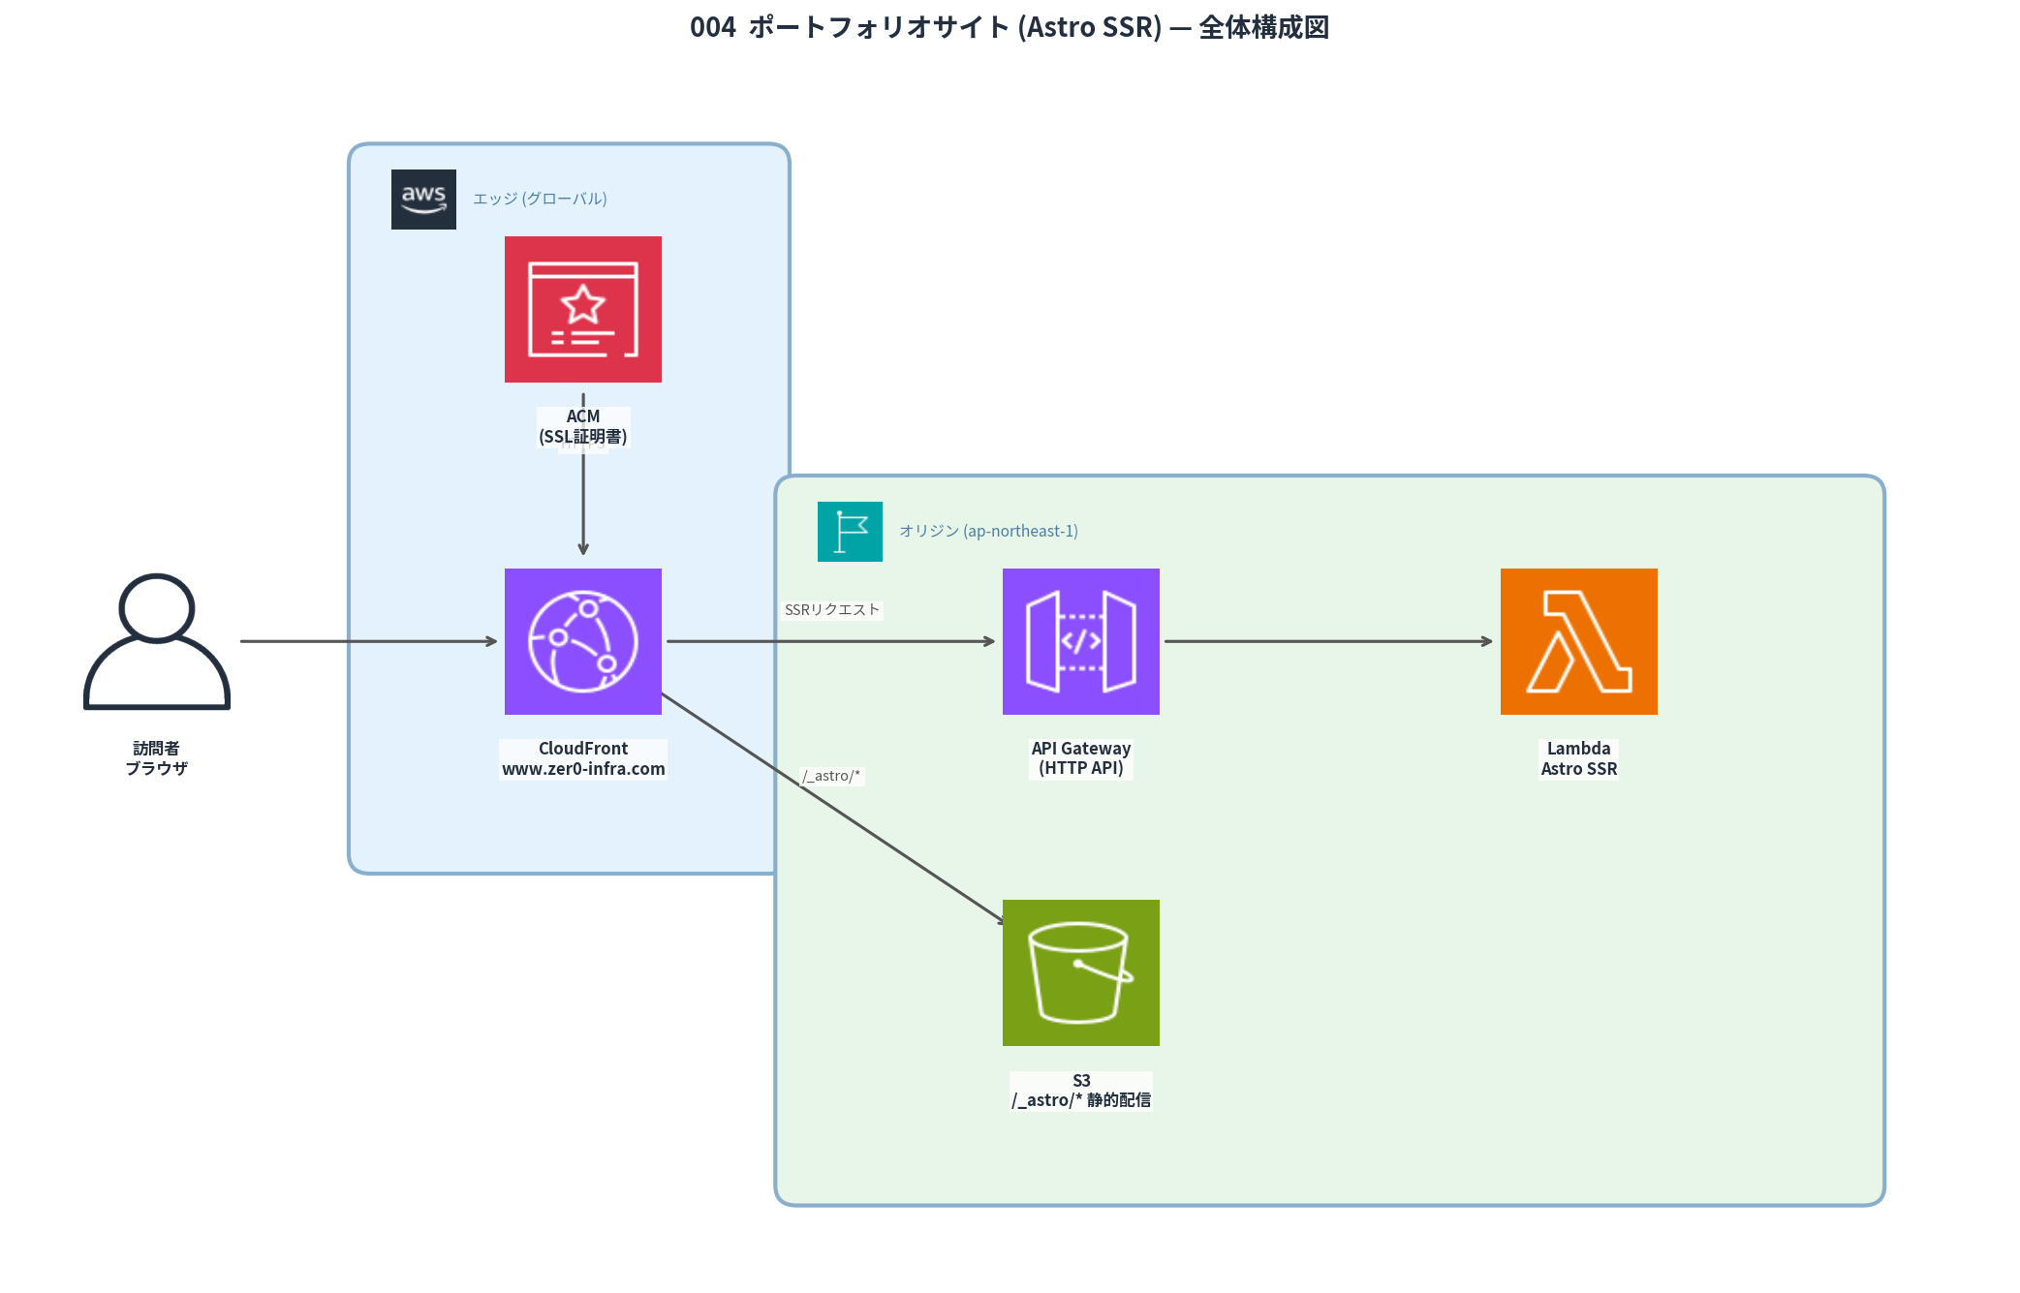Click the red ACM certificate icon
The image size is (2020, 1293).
582,309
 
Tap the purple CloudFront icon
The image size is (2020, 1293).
582,641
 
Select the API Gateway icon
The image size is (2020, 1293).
1080,641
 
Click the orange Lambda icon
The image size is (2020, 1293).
1578,641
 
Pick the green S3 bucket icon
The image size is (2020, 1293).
1080,972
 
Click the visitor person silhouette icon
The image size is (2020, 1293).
157,641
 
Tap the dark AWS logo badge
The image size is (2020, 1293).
423,200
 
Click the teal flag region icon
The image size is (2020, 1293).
850,532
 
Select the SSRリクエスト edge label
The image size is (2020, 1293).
832,610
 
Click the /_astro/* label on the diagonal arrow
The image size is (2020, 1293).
831,776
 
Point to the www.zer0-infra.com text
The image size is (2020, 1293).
583,769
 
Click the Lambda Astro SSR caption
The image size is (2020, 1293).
1578,758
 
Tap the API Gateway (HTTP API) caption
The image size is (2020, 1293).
1080,758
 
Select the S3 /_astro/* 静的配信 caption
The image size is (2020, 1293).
1080,1091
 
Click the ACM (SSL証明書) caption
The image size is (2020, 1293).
582,427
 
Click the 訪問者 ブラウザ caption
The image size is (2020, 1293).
156,758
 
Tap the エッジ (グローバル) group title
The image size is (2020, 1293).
540,200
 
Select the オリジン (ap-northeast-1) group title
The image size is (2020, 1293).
988,532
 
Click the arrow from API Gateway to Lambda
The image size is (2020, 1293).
1327,641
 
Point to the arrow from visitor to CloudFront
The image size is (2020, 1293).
368,641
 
